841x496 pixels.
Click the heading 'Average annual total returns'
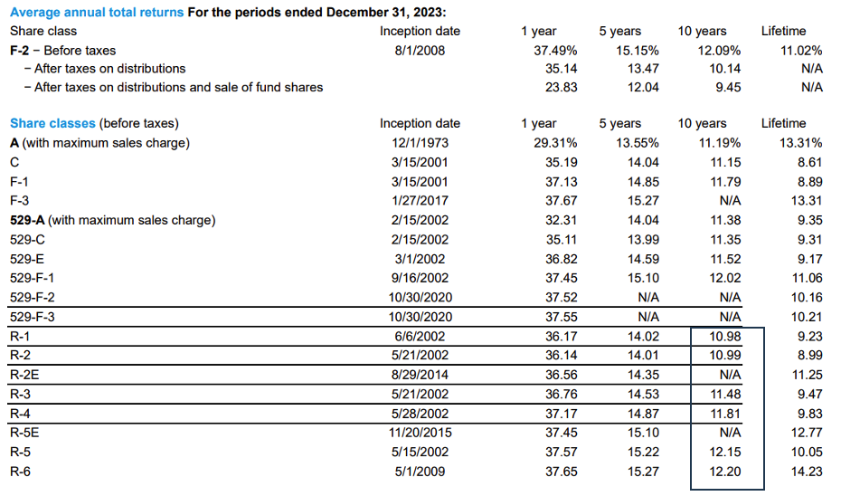(97, 11)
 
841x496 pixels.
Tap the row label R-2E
(25, 375)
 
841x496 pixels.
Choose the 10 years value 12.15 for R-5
(724, 452)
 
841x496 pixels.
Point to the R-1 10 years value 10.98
(724, 336)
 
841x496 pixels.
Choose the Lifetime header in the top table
(783, 31)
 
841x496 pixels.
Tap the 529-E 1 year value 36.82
(560, 259)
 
